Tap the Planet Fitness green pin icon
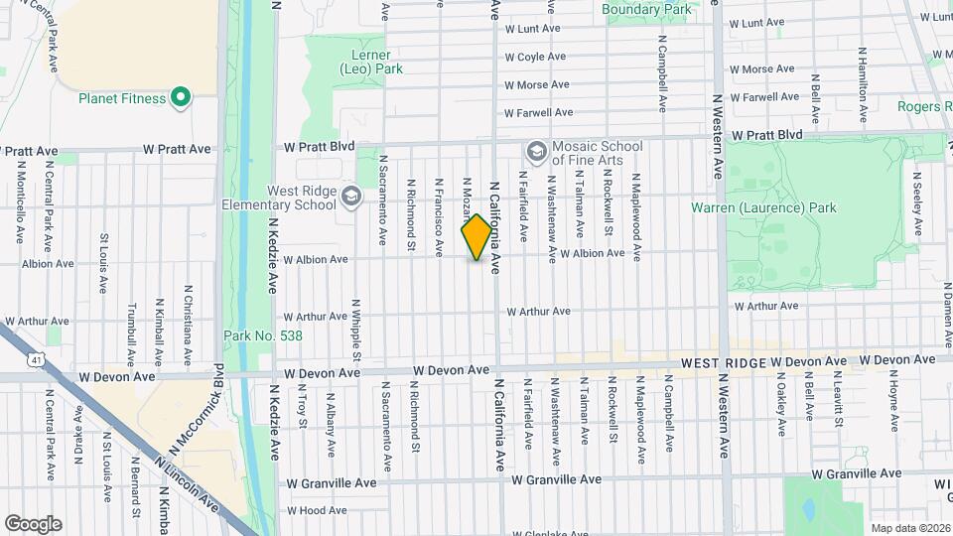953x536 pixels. click(x=180, y=97)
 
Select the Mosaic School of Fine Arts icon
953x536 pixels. click(x=537, y=151)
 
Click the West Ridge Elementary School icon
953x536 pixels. click(x=349, y=196)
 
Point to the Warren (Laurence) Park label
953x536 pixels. click(x=763, y=207)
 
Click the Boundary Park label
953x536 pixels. click(x=646, y=10)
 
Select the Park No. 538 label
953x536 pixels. click(x=263, y=335)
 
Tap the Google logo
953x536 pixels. click(x=33, y=523)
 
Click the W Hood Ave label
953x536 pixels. click(x=316, y=510)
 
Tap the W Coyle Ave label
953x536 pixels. click(x=536, y=58)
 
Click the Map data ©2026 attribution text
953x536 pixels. click(x=909, y=528)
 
